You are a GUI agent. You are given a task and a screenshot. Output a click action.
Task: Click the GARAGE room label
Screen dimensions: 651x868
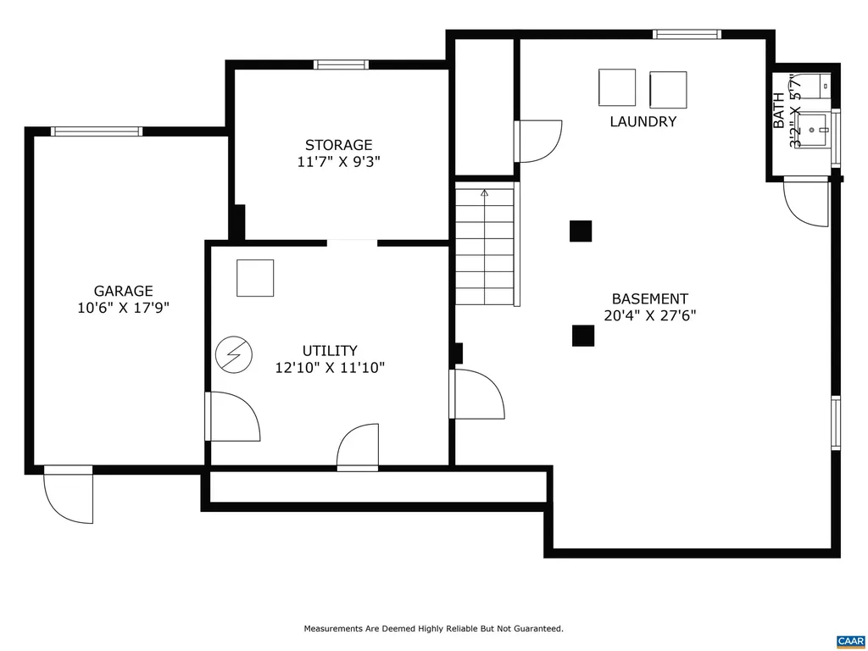click(x=123, y=291)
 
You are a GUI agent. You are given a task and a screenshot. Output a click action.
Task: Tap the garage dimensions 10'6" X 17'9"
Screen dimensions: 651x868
click(x=123, y=309)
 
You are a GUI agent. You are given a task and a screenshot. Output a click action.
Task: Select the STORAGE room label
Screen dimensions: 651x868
click(x=338, y=145)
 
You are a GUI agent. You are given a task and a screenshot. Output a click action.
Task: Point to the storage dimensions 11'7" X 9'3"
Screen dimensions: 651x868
click(x=338, y=162)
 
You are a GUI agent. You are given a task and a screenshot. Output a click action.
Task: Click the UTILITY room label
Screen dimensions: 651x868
click(x=330, y=350)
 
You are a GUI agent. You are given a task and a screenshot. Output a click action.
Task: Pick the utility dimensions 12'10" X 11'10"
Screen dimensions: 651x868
click(x=330, y=368)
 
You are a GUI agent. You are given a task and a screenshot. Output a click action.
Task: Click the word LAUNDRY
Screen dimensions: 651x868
click(x=643, y=121)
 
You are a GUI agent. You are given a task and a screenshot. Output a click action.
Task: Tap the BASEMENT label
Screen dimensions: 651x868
click(x=650, y=298)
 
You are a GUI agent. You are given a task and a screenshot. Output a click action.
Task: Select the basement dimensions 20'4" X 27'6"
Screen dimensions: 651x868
click(x=650, y=316)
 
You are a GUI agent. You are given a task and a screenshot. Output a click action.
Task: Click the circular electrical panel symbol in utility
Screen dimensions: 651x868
click(x=234, y=354)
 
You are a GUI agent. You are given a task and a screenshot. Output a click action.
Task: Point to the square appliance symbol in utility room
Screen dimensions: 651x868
click(x=255, y=278)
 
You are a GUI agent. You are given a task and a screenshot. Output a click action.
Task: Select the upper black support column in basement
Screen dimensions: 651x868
click(x=581, y=231)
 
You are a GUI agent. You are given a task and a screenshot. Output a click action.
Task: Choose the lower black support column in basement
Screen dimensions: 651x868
click(x=582, y=336)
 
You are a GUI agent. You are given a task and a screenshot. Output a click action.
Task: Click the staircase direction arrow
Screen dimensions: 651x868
click(x=485, y=194)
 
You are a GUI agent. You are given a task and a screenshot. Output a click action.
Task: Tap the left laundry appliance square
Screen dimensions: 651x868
click(x=617, y=87)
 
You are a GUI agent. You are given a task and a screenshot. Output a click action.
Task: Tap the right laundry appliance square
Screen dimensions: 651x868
click(x=668, y=89)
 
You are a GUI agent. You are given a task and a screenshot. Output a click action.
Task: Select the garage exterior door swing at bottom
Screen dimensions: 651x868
click(x=70, y=497)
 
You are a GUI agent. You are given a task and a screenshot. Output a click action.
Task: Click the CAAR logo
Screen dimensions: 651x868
click(x=849, y=640)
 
